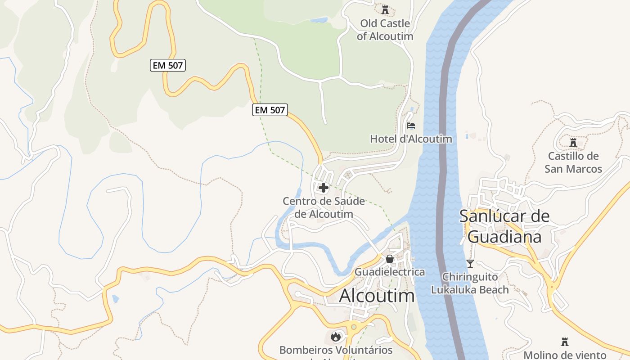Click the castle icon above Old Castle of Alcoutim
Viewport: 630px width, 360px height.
tap(385, 9)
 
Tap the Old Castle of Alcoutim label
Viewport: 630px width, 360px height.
tap(385, 30)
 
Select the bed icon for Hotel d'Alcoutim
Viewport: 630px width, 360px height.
tap(410, 126)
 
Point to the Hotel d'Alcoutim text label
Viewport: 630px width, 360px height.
tap(411, 139)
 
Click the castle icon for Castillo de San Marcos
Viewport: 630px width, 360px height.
tap(573, 143)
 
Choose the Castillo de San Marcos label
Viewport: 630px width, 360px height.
tap(573, 162)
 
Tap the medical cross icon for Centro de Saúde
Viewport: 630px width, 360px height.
tap(323, 188)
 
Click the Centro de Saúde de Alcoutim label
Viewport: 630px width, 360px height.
tap(324, 207)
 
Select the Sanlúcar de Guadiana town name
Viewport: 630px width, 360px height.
tap(504, 226)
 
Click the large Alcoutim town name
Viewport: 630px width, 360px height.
tap(377, 296)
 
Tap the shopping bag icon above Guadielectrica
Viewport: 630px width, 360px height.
tap(390, 259)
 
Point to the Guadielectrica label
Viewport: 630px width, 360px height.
tap(390, 272)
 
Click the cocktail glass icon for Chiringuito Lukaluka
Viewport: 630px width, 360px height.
tap(470, 264)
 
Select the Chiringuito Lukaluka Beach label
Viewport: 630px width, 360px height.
tap(470, 283)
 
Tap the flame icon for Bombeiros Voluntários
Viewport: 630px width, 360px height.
tap(335, 336)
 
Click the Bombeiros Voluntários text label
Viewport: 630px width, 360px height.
tap(336, 350)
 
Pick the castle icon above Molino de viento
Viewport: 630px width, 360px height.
tap(565, 342)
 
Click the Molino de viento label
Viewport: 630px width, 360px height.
tap(565, 355)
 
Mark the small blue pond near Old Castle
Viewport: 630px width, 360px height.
tap(319, 20)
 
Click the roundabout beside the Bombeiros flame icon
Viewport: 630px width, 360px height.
tap(354, 327)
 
